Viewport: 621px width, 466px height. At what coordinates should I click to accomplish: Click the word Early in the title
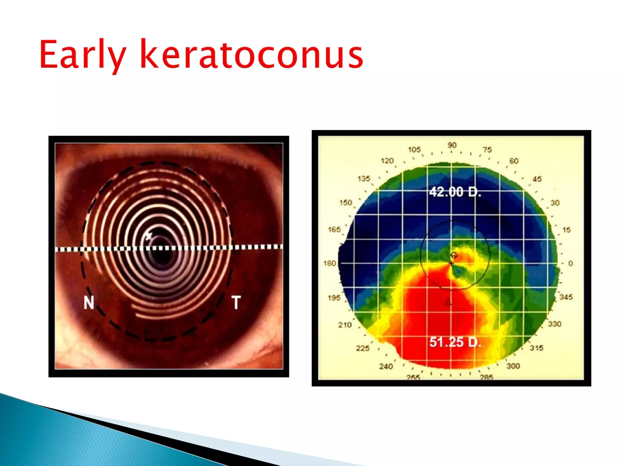[x=82, y=55]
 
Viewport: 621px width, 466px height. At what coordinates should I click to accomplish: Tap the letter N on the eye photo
[x=89, y=302]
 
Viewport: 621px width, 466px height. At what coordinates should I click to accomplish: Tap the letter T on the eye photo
[x=236, y=302]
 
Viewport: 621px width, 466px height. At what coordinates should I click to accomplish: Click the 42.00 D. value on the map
[x=455, y=192]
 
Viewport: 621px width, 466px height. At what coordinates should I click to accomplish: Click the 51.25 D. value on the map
[x=455, y=342]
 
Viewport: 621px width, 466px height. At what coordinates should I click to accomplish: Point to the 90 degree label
[x=452, y=145]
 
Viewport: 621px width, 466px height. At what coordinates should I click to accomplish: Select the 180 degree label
[x=330, y=263]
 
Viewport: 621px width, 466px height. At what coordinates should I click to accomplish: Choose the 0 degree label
[x=570, y=263]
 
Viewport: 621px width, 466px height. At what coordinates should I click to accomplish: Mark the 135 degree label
[x=364, y=178]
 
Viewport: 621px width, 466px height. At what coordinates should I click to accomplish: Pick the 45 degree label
[x=537, y=179]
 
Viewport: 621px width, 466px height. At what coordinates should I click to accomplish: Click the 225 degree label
[x=363, y=348]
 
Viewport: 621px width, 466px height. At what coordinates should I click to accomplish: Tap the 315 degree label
[x=536, y=348]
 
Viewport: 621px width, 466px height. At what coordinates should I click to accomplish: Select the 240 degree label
[x=386, y=366]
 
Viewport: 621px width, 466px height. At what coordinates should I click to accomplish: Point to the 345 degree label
[x=566, y=297]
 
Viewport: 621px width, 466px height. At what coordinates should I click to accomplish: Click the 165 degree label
[x=334, y=230]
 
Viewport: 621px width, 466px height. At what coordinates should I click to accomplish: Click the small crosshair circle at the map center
[x=454, y=255]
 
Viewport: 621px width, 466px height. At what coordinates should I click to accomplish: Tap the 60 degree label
[x=514, y=161]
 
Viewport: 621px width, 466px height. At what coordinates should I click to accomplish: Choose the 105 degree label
[x=414, y=150]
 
